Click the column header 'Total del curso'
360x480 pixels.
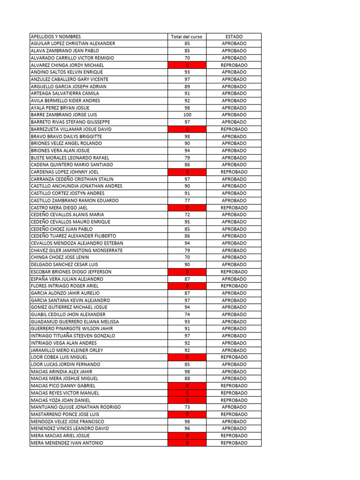pyautogui.click(x=187, y=37)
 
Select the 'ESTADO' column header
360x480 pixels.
pyautogui.click(x=234, y=37)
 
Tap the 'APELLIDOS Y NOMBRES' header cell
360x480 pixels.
pyautogui.click(x=56, y=37)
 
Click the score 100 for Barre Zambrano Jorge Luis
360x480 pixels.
pyautogui.click(x=187, y=115)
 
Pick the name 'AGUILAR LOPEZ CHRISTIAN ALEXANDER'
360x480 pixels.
pyautogui.click(x=73, y=44)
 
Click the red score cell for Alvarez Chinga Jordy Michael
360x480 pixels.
pyautogui.click(x=187, y=65)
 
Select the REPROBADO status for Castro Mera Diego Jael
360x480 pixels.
pyautogui.click(x=234, y=208)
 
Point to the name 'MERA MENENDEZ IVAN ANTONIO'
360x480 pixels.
pyautogui.click(x=67, y=443)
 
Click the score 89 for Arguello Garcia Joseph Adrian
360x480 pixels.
pyautogui.click(x=187, y=86)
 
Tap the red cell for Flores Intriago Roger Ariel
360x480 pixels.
pyautogui.click(x=187, y=286)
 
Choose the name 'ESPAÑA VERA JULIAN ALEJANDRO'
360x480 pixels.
pyautogui.click(x=67, y=279)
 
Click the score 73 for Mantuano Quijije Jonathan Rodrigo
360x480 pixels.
pyautogui.click(x=187, y=407)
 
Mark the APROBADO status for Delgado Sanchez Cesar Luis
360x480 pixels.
pyautogui.click(x=234, y=264)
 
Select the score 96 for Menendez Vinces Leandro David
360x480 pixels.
pyautogui.click(x=187, y=428)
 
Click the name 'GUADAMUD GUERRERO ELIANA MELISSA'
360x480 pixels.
pyautogui.click(x=75, y=322)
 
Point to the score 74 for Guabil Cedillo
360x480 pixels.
pyautogui.click(x=187, y=315)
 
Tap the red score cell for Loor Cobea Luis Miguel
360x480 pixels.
pyautogui.click(x=187, y=357)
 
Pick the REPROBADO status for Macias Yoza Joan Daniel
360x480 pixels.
pyautogui.click(x=234, y=400)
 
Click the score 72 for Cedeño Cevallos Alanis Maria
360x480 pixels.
pyautogui.click(x=187, y=215)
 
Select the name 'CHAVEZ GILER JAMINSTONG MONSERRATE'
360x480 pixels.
pyautogui.click(x=76, y=250)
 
